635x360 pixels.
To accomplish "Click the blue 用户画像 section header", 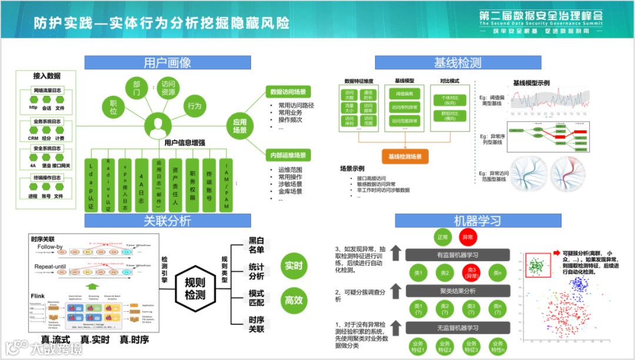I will (168, 62).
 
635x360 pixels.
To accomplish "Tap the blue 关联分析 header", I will (168, 221).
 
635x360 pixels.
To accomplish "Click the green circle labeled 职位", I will (113, 107).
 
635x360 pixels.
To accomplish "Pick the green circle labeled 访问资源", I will (168, 88).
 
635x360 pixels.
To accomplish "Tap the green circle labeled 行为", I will (195, 106).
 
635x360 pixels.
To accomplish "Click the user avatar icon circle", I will (158, 125).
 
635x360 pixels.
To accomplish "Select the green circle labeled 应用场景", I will (240, 126).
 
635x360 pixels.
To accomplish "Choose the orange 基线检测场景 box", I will (405, 156).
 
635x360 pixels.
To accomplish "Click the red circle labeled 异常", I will (469, 238).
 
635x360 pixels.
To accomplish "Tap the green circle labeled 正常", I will (443, 238).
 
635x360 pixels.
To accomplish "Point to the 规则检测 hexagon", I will (195, 288).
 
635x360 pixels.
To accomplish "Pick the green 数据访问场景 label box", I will (288, 92).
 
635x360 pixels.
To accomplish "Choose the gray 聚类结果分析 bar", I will (457, 291).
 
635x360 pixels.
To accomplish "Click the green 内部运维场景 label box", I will (288, 155).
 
